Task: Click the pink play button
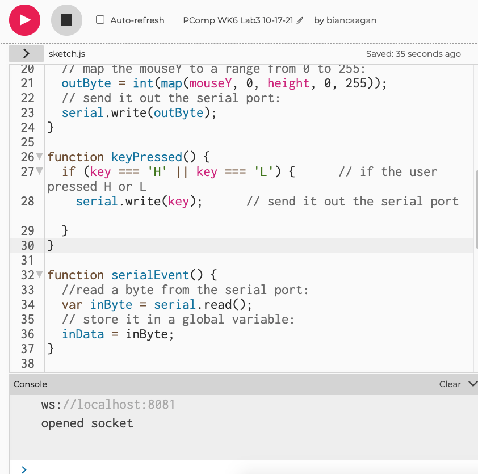tap(25, 20)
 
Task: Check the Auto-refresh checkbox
tap(100, 20)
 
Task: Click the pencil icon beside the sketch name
tap(300, 20)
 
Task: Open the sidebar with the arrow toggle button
tap(26, 53)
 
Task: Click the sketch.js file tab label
tap(67, 54)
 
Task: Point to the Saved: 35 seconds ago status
tap(413, 54)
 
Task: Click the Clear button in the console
tap(450, 384)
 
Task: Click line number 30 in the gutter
tap(27, 245)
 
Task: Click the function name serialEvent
tap(150, 275)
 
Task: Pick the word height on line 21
tap(288, 83)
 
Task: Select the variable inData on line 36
tap(83, 334)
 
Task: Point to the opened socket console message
tap(87, 423)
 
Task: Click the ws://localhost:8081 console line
tap(108, 405)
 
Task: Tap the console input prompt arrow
tap(23, 469)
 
